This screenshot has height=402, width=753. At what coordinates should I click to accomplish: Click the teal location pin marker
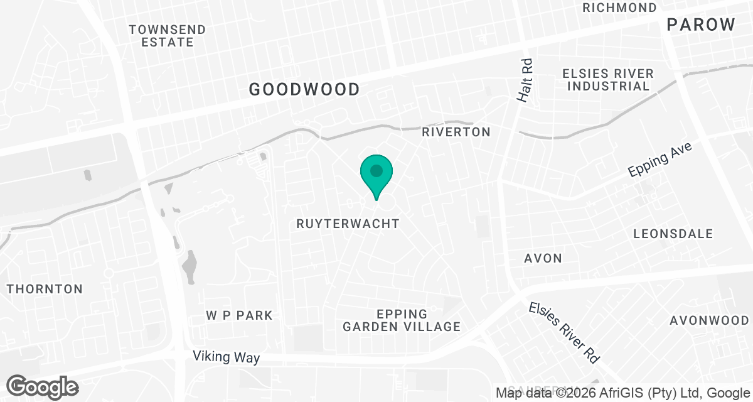coord(376,174)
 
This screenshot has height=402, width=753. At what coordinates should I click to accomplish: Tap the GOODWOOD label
coord(304,89)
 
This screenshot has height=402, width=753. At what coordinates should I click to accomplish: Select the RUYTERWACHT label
coord(348,224)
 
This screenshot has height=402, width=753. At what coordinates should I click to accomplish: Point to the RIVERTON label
coord(456,132)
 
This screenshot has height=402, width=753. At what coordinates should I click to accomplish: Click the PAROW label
coord(701,25)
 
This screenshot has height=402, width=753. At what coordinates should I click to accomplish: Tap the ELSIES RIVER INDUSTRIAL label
coord(607,80)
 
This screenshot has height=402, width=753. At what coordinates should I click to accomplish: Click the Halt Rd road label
coord(525,81)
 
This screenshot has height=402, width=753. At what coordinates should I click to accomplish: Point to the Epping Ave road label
coord(660,160)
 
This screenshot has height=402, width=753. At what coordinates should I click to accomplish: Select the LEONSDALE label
coord(673,234)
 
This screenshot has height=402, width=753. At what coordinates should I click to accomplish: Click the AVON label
coord(543,258)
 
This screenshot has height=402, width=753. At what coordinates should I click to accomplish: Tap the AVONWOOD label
coord(709,320)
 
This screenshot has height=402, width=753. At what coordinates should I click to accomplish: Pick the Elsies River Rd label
coord(564,333)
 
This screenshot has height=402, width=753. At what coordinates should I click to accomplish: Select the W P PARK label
coord(239,315)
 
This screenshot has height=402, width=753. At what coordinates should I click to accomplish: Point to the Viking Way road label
coord(227,358)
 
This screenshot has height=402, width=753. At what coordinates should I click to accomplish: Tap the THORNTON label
coord(45,289)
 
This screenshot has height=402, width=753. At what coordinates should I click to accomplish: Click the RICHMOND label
coord(619,8)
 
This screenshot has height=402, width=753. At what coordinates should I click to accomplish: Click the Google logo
coord(43,386)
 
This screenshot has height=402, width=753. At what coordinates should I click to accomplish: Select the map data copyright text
coord(622,393)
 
